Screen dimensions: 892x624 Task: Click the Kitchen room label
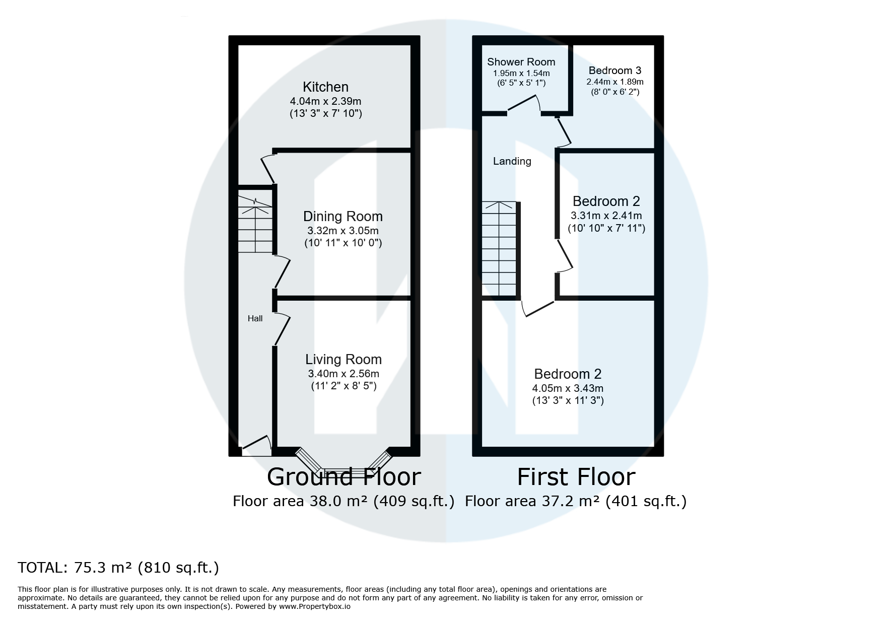point(325,87)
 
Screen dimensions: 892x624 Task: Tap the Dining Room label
point(342,217)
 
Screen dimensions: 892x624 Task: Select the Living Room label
point(344,359)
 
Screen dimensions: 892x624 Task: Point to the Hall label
point(255,318)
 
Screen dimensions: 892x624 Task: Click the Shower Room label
point(521,62)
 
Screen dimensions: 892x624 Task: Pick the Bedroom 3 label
point(614,71)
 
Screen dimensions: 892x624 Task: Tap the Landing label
point(512,161)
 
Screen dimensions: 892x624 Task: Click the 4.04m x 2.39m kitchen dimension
point(325,101)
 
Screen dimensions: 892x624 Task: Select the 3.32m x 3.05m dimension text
point(342,231)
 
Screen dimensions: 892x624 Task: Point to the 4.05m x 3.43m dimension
point(568,388)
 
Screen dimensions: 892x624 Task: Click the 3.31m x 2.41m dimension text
point(606,216)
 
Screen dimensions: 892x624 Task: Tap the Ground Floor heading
point(344,476)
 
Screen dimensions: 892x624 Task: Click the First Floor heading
point(576,476)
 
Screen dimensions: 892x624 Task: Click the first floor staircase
point(499,249)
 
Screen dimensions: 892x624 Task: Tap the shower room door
point(524,104)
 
